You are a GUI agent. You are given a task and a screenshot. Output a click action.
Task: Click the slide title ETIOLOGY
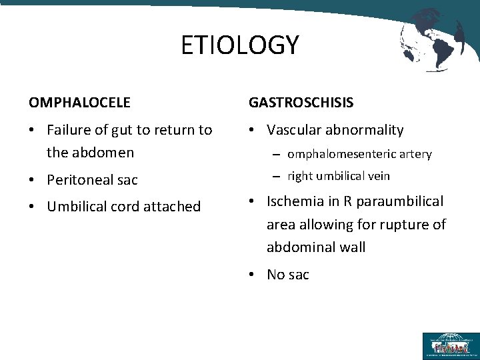(240, 45)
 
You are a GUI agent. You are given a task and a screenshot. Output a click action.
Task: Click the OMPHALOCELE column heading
(79, 103)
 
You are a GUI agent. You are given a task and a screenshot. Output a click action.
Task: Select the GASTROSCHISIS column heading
(301, 103)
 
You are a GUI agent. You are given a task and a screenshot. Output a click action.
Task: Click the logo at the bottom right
(450, 346)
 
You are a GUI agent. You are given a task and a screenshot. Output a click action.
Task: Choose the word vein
(379, 176)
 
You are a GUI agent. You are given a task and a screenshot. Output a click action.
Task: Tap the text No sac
(288, 275)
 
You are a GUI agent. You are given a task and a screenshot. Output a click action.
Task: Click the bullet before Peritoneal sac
(33, 180)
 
